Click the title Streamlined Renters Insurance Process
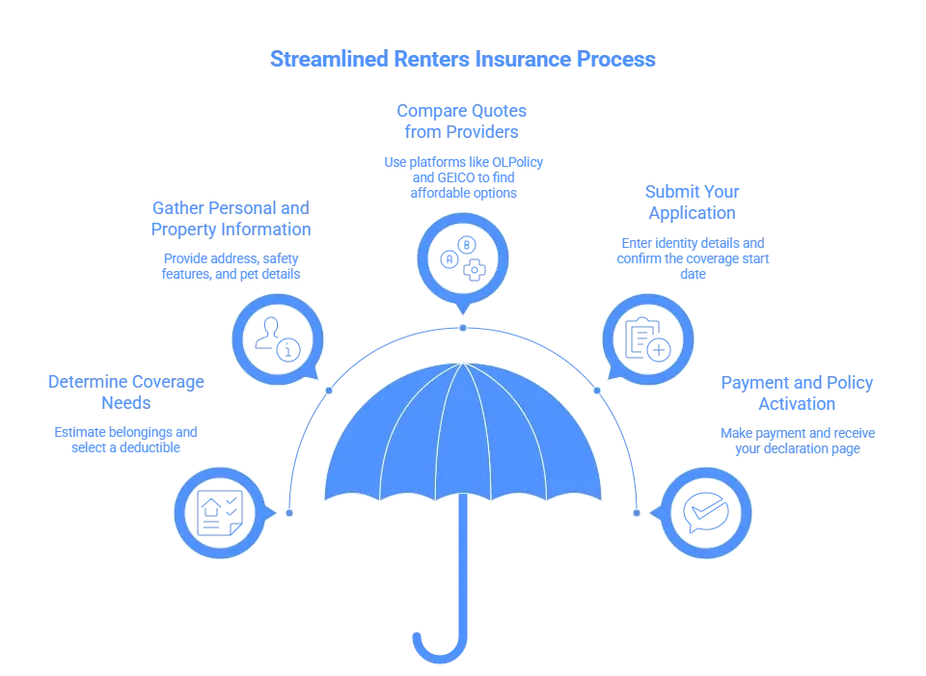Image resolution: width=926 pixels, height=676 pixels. (x=462, y=60)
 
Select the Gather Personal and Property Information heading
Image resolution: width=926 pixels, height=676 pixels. (x=230, y=220)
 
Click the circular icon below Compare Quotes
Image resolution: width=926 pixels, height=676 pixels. (x=462, y=257)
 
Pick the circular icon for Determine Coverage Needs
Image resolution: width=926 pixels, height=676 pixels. (x=219, y=512)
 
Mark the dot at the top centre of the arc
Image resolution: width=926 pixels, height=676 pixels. (x=463, y=328)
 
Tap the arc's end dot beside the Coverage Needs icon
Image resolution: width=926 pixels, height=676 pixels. (x=288, y=512)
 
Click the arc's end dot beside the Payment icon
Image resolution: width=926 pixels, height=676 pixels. (x=637, y=512)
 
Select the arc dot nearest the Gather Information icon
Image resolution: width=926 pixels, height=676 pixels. (x=330, y=391)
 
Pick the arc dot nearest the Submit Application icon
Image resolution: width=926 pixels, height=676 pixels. (x=596, y=391)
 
